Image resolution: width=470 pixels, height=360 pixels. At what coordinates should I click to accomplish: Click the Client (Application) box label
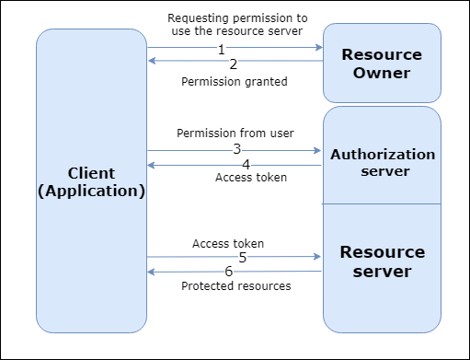(x=92, y=182)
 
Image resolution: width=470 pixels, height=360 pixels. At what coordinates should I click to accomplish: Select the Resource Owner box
(x=382, y=63)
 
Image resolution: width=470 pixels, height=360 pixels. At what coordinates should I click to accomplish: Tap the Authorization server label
(x=383, y=162)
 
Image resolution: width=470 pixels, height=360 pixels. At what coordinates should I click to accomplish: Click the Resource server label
(x=383, y=261)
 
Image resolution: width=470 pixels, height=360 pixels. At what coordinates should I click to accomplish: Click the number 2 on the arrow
(x=233, y=64)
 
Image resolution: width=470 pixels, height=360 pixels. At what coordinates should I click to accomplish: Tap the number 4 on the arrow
(x=246, y=164)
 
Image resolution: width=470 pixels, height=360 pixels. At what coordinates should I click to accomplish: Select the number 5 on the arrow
(x=242, y=258)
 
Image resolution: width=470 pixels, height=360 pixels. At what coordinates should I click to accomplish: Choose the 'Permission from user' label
(x=235, y=133)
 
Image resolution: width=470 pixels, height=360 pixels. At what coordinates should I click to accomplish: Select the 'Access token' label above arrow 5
(x=228, y=244)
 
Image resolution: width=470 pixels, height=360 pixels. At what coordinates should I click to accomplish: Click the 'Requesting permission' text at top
(x=237, y=18)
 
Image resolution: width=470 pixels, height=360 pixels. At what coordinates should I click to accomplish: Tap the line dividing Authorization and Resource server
(x=382, y=203)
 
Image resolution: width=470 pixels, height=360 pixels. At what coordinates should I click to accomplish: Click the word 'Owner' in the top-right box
(x=382, y=73)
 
